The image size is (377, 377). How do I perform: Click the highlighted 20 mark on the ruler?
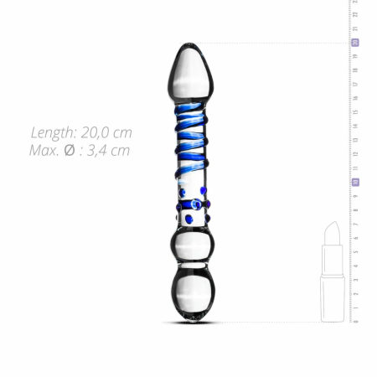click(355, 42)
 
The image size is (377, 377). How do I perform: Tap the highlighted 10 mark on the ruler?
click(355, 181)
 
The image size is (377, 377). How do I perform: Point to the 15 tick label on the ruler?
click(355, 111)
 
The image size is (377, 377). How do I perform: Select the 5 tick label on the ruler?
click(355, 251)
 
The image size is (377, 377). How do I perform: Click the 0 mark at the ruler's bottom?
click(355, 320)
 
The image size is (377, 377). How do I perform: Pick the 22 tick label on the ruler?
click(355, 14)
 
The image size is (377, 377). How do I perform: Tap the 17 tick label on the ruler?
click(355, 84)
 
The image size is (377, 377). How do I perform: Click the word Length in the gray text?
click(53, 133)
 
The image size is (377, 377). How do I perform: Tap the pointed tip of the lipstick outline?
click(333, 226)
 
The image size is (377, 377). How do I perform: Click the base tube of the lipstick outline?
click(333, 297)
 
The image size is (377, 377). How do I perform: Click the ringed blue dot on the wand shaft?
click(195, 202)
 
